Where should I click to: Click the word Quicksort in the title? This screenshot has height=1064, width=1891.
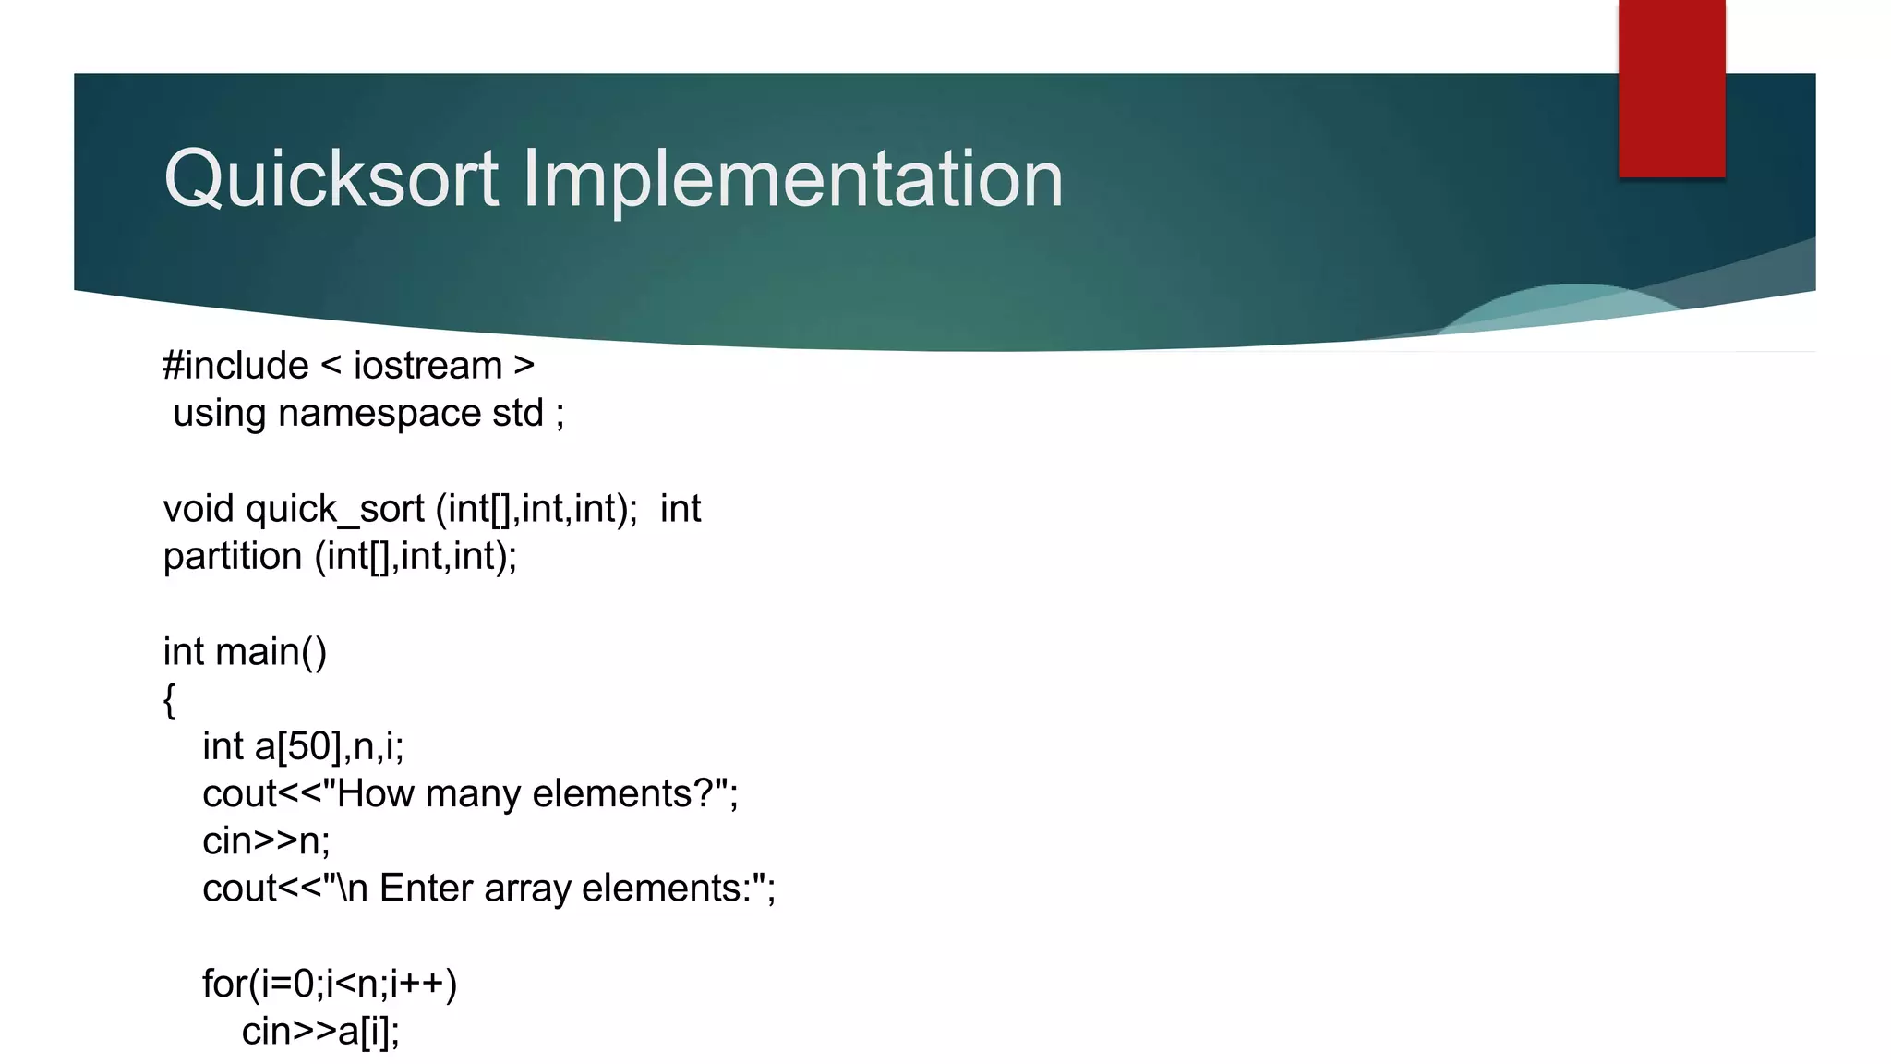pos(331,179)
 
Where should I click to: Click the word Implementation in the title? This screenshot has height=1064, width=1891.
pos(792,179)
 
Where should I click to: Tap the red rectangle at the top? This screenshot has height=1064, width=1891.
pos(1671,89)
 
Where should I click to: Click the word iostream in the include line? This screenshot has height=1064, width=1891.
pos(428,366)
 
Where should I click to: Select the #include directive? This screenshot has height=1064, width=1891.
pos(235,366)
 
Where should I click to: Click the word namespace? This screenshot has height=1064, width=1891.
pos(379,413)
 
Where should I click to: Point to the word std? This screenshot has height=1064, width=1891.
pos(518,413)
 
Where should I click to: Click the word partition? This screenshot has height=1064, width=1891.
pos(232,556)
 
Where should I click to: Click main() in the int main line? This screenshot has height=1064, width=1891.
pos(271,651)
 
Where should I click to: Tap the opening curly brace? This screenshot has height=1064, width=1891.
pos(169,699)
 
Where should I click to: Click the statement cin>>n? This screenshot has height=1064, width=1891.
pos(266,841)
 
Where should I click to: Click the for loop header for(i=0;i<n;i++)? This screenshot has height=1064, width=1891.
pos(330,984)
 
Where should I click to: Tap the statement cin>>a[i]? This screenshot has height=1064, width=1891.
pos(320,1032)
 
